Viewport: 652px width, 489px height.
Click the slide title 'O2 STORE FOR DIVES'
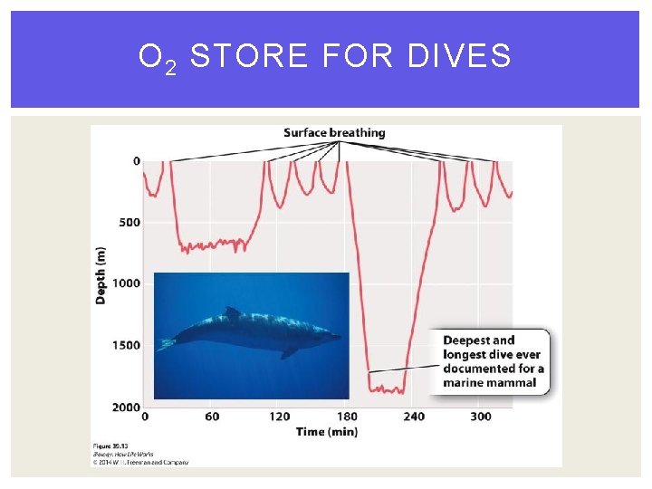tap(325, 58)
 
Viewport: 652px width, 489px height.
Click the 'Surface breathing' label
tap(334, 133)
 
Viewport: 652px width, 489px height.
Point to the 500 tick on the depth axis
tap(129, 223)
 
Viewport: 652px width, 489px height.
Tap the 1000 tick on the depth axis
tap(126, 283)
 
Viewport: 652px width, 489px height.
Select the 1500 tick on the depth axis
tap(126, 345)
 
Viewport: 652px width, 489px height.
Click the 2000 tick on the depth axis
tap(126, 407)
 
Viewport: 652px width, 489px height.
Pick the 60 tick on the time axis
tap(212, 417)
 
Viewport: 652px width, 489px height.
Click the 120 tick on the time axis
tap(280, 417)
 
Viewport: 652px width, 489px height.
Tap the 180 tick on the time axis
tap(347, 417)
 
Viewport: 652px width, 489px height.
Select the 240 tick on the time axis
tap(414, 417)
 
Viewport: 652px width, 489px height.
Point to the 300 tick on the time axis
tap(481, 417)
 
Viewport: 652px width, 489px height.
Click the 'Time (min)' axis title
tap(327, 432)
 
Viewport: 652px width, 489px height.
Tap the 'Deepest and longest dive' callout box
tap(493, 361)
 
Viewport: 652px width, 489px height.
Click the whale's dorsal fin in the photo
tap(233, 312)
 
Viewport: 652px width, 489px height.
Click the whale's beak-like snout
tap(337, 338)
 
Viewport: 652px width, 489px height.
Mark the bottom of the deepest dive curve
tap(387, 390)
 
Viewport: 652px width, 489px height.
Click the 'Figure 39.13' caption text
tap(112, 446)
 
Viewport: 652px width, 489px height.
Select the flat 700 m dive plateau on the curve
tap(213, 244)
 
